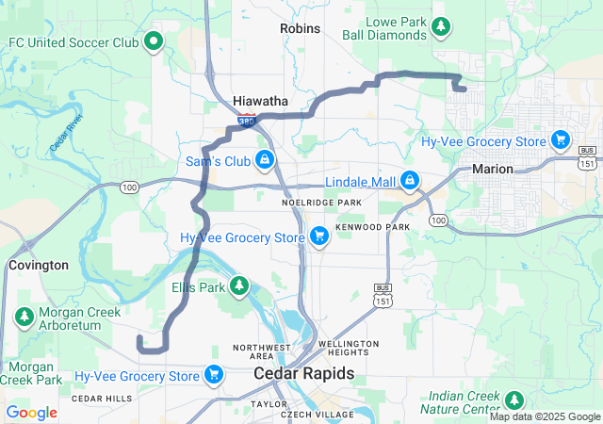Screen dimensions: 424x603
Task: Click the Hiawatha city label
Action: point(261,101)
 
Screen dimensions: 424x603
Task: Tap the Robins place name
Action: point(300,28)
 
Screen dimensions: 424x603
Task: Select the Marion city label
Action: point(493,169)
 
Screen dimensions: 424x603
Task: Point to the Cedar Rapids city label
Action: point(304,374)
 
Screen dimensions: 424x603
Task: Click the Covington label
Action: point(39,266)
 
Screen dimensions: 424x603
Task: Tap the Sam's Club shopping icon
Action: point(266,160)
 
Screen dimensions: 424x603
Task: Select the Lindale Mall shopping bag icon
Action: point(409,180)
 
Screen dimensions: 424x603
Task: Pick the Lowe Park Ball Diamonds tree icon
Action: point(440,26)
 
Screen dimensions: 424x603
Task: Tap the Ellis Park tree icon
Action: point(239,285)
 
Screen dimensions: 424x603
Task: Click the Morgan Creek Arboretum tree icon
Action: point(23,318)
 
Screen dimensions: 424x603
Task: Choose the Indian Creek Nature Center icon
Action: point(514,400)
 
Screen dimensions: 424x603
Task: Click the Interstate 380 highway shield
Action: point(246,122)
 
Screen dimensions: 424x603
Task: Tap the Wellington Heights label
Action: point(349,350)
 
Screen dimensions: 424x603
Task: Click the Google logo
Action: point(32,413)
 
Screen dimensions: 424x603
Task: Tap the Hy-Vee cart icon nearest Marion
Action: point(561,140)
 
